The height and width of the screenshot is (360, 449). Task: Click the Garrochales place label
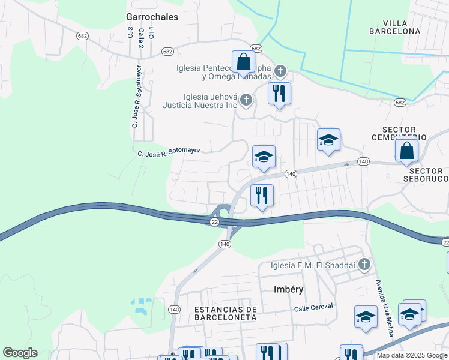[152, 17]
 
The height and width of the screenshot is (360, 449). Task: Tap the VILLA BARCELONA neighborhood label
[394, 26]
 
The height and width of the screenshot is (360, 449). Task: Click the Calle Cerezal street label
[313, 308]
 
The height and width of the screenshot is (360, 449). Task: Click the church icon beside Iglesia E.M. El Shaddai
[363, 264]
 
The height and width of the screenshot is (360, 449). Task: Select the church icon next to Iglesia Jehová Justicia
[246, 100]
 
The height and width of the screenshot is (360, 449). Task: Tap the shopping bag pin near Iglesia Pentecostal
[243, 62]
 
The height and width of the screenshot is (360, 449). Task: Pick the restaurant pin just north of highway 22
[262, 196]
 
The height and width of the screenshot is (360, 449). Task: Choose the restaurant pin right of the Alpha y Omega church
[279, 94]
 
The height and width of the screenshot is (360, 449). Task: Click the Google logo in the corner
[20, 353]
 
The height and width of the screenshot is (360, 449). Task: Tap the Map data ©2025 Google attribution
[411, 355]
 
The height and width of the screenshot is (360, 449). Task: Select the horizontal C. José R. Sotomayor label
[169, 152]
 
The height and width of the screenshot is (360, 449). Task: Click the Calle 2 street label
[141, 38]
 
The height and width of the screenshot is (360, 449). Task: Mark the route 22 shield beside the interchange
[214, 222]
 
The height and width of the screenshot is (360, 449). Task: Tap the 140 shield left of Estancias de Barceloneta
[174, 309]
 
